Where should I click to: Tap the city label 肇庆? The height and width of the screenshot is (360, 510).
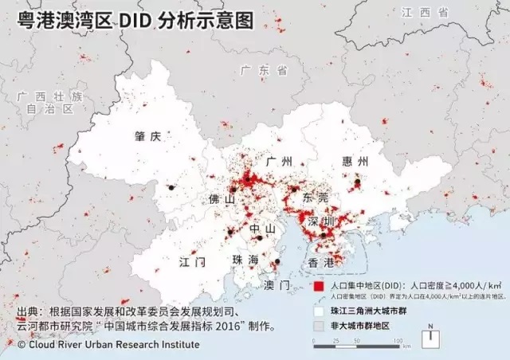pyautogui.click(x=148, y=136)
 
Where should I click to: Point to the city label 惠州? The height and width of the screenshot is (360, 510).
pyautogui.click(x=355, y=162)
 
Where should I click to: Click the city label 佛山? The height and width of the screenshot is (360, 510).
pyautogui.click(x=220, y=199)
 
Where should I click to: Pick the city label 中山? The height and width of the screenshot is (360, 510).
pyautogui.click(x=262, y=229)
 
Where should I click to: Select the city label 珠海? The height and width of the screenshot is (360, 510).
pyautogui.click(x=245, y=260)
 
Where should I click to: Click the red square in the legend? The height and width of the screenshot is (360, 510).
pyautogui.click(x=319, y=285)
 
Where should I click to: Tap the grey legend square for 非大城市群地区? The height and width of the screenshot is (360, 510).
pyautogui.click(x=319, y=326)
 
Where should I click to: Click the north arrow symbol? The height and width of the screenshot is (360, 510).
pyautogui.click(x=430, y=336)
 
